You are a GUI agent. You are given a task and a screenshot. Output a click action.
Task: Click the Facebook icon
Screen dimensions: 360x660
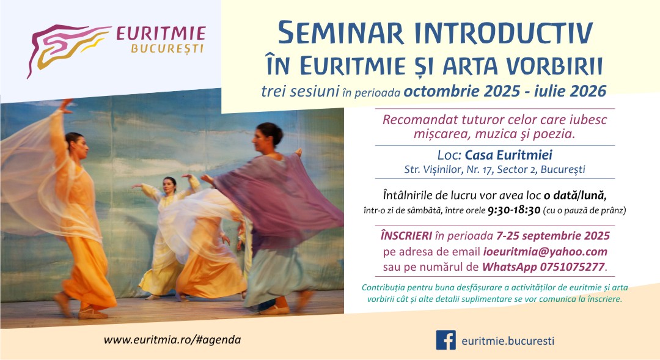[x=446, y=340]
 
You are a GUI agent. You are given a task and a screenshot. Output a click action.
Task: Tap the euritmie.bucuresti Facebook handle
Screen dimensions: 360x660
[x=508, y=340]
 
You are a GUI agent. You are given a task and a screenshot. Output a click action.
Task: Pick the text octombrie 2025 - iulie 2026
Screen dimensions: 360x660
[x=505, y=91]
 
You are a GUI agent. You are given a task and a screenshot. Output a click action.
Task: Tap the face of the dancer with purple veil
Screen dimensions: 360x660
[x=268, y=134]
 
